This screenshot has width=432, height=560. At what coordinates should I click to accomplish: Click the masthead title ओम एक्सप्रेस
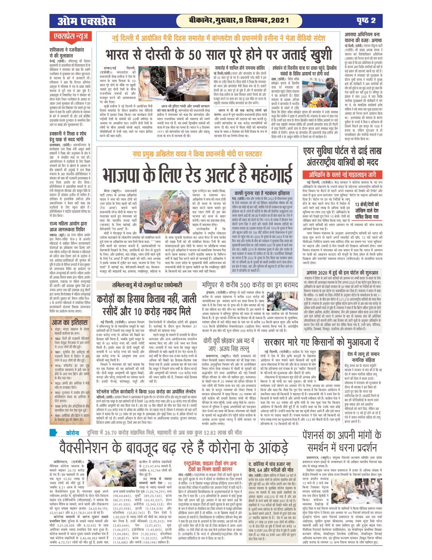tap(86, 21)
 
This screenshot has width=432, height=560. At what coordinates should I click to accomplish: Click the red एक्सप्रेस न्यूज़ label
tap(71, 36)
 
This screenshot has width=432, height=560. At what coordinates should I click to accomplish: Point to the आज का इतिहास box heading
tap(70, 322)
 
